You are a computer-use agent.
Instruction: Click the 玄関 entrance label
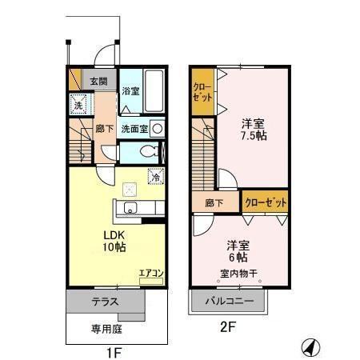tap(99, 80)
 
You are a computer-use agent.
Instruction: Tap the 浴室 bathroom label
tap(130, 91)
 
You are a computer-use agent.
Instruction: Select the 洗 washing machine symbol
tap(79, 104)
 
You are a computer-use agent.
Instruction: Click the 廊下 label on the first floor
tap(104, 127)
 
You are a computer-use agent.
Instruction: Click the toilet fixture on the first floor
tap(146, 152)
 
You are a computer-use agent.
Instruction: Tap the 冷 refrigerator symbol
tap(155, 178)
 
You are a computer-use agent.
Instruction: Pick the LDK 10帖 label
tap(112, 241)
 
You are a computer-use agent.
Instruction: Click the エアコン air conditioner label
tap(150, 274)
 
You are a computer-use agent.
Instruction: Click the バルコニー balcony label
tap(229, 302)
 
